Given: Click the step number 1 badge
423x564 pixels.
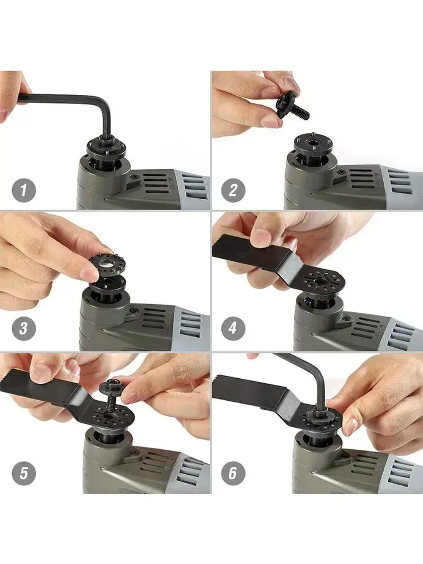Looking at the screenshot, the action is pos(24,191).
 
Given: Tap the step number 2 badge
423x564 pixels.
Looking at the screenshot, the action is pos(233,191).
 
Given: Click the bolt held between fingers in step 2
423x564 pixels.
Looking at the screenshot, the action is pos(292,110).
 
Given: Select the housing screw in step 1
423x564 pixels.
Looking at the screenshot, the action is pos(135,176).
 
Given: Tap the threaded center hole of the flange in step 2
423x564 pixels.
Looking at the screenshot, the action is pos(313,142).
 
